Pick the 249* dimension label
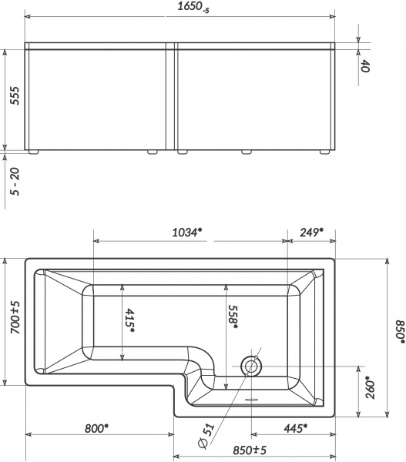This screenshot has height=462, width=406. click(x=310, y=232)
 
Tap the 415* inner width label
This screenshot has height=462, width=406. click(x=130, y=321)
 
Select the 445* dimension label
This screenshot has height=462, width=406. click(x=294, y=428)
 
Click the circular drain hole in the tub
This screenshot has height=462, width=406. click(x=251, y=366)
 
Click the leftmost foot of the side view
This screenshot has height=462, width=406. click(x=34, y=152)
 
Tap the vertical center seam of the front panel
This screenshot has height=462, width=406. click(x=172, y=96)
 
